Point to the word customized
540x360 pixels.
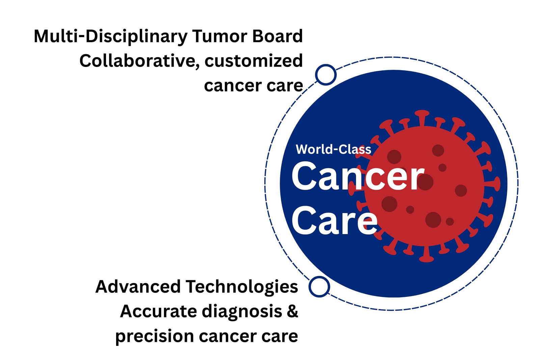(x=254, y=61)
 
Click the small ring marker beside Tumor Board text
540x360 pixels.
(x=326, y=74)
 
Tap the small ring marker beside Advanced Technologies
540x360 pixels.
(x=319, y=286)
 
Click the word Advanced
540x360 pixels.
(x=138, y=286)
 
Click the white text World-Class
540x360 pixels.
(x=333, y=149)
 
